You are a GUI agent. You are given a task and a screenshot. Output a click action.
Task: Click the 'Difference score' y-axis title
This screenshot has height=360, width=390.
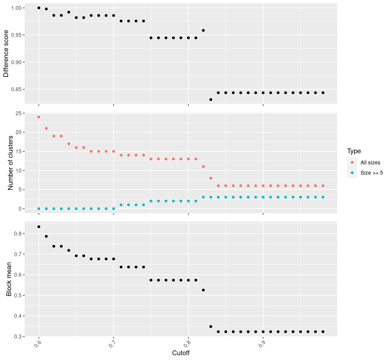[6, 53]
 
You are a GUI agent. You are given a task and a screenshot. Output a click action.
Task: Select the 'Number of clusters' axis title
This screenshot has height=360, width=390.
[10, 163]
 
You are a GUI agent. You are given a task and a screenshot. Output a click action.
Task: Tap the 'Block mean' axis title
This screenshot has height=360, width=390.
[9, 279]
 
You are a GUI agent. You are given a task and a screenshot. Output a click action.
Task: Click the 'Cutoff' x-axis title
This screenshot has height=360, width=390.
[181, 353]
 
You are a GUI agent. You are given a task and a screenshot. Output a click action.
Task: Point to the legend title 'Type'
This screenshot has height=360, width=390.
[354, 151]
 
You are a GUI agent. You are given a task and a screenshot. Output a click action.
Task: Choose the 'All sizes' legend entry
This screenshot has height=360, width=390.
[370, 163]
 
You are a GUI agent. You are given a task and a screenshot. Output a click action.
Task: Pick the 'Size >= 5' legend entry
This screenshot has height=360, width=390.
[372, 173]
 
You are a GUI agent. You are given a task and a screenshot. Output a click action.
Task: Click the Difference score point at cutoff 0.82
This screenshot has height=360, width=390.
[203, 30]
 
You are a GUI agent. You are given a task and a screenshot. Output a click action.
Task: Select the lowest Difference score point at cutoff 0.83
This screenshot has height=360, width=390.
[211, 100]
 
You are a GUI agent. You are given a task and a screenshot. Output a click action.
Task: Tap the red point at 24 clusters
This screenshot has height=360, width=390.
[39, 117]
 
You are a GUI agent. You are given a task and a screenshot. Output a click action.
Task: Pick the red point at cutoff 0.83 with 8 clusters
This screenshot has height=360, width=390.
[211, 178]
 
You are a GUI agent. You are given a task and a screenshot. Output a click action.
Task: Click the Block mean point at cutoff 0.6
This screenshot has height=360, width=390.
[39, 227]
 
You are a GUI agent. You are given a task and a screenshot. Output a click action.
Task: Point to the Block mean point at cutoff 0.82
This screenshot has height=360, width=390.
[203, 290]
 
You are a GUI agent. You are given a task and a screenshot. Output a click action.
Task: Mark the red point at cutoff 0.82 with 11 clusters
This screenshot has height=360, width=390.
[203, 166]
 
